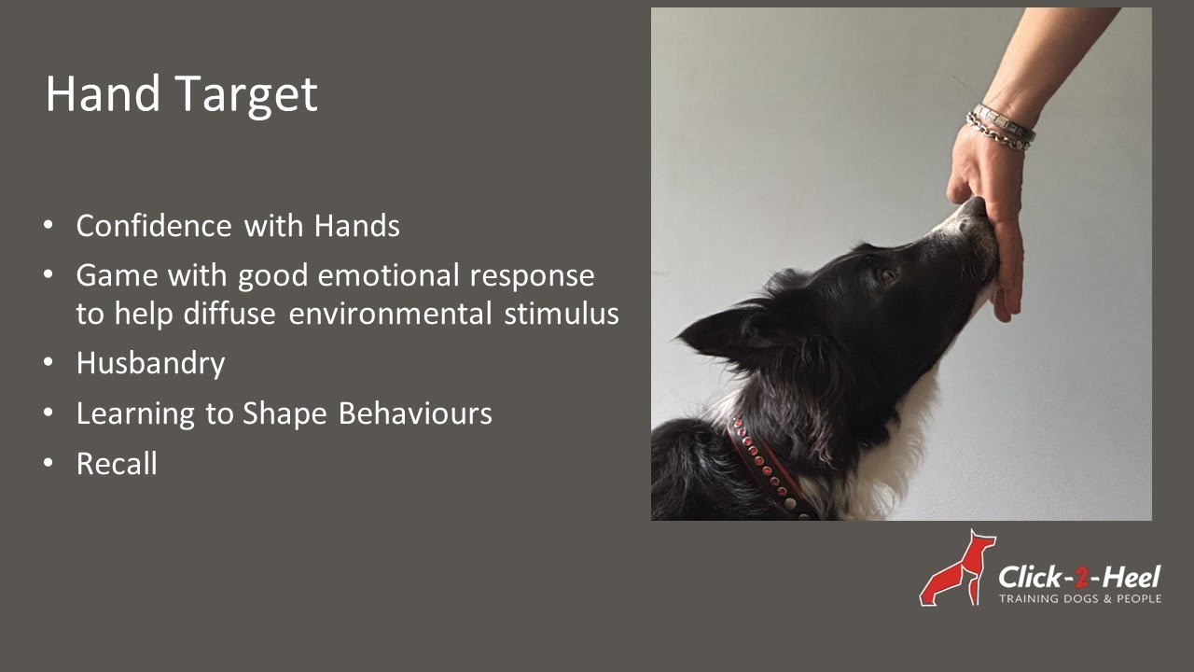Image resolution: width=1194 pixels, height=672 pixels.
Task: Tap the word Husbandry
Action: coord(150,363)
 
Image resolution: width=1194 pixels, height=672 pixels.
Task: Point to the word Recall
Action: coord(117,464)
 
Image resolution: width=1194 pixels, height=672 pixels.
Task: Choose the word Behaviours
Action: coord(415,413)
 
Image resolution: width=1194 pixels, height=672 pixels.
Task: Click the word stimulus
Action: coord(562,314)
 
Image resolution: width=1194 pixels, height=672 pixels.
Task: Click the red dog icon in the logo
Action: coord(957,568)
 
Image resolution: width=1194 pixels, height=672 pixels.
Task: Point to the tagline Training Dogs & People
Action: coord(1079,598)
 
